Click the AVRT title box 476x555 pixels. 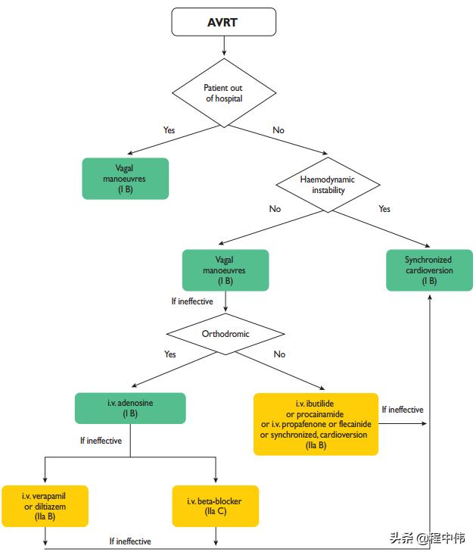(222, 23)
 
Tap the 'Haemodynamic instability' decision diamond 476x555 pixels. (328, 185)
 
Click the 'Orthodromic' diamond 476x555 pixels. (226, 332)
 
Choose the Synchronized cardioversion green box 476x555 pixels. (428, 270)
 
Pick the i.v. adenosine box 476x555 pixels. (130, 408)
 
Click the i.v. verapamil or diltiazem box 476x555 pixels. (44, 506)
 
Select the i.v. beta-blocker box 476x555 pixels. (216, 506)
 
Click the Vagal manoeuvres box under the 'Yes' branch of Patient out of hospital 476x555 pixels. (126, 178)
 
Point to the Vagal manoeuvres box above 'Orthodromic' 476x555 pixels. (226, 270)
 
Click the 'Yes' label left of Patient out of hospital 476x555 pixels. (169, 130)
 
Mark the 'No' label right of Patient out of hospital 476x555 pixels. (278, 130)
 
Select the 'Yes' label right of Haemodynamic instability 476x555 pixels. (384, 209)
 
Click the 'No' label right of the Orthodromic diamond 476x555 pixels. (279, 354)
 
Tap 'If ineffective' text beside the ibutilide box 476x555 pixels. (403, 410)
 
